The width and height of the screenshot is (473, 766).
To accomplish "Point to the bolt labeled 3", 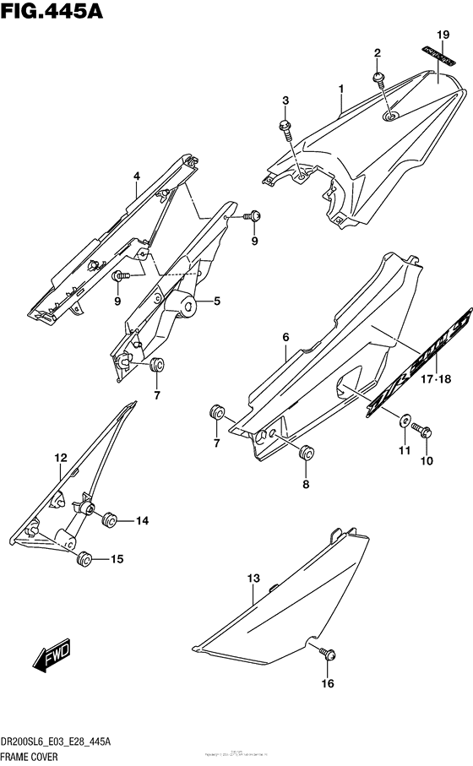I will [x=285, y=127].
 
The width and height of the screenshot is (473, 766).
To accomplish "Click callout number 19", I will [x=440, y=35].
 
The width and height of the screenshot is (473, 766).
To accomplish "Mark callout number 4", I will [x=135, y=177].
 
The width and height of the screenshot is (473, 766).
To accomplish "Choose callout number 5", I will [x=216, y=301].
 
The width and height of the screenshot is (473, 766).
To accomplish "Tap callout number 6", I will [x=285, y=338].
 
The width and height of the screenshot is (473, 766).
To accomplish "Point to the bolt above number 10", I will [x=426, y=432].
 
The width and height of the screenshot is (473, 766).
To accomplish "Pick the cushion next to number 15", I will [x=84, y=559].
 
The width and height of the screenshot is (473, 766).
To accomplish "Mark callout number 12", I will [x=61, y=458].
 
